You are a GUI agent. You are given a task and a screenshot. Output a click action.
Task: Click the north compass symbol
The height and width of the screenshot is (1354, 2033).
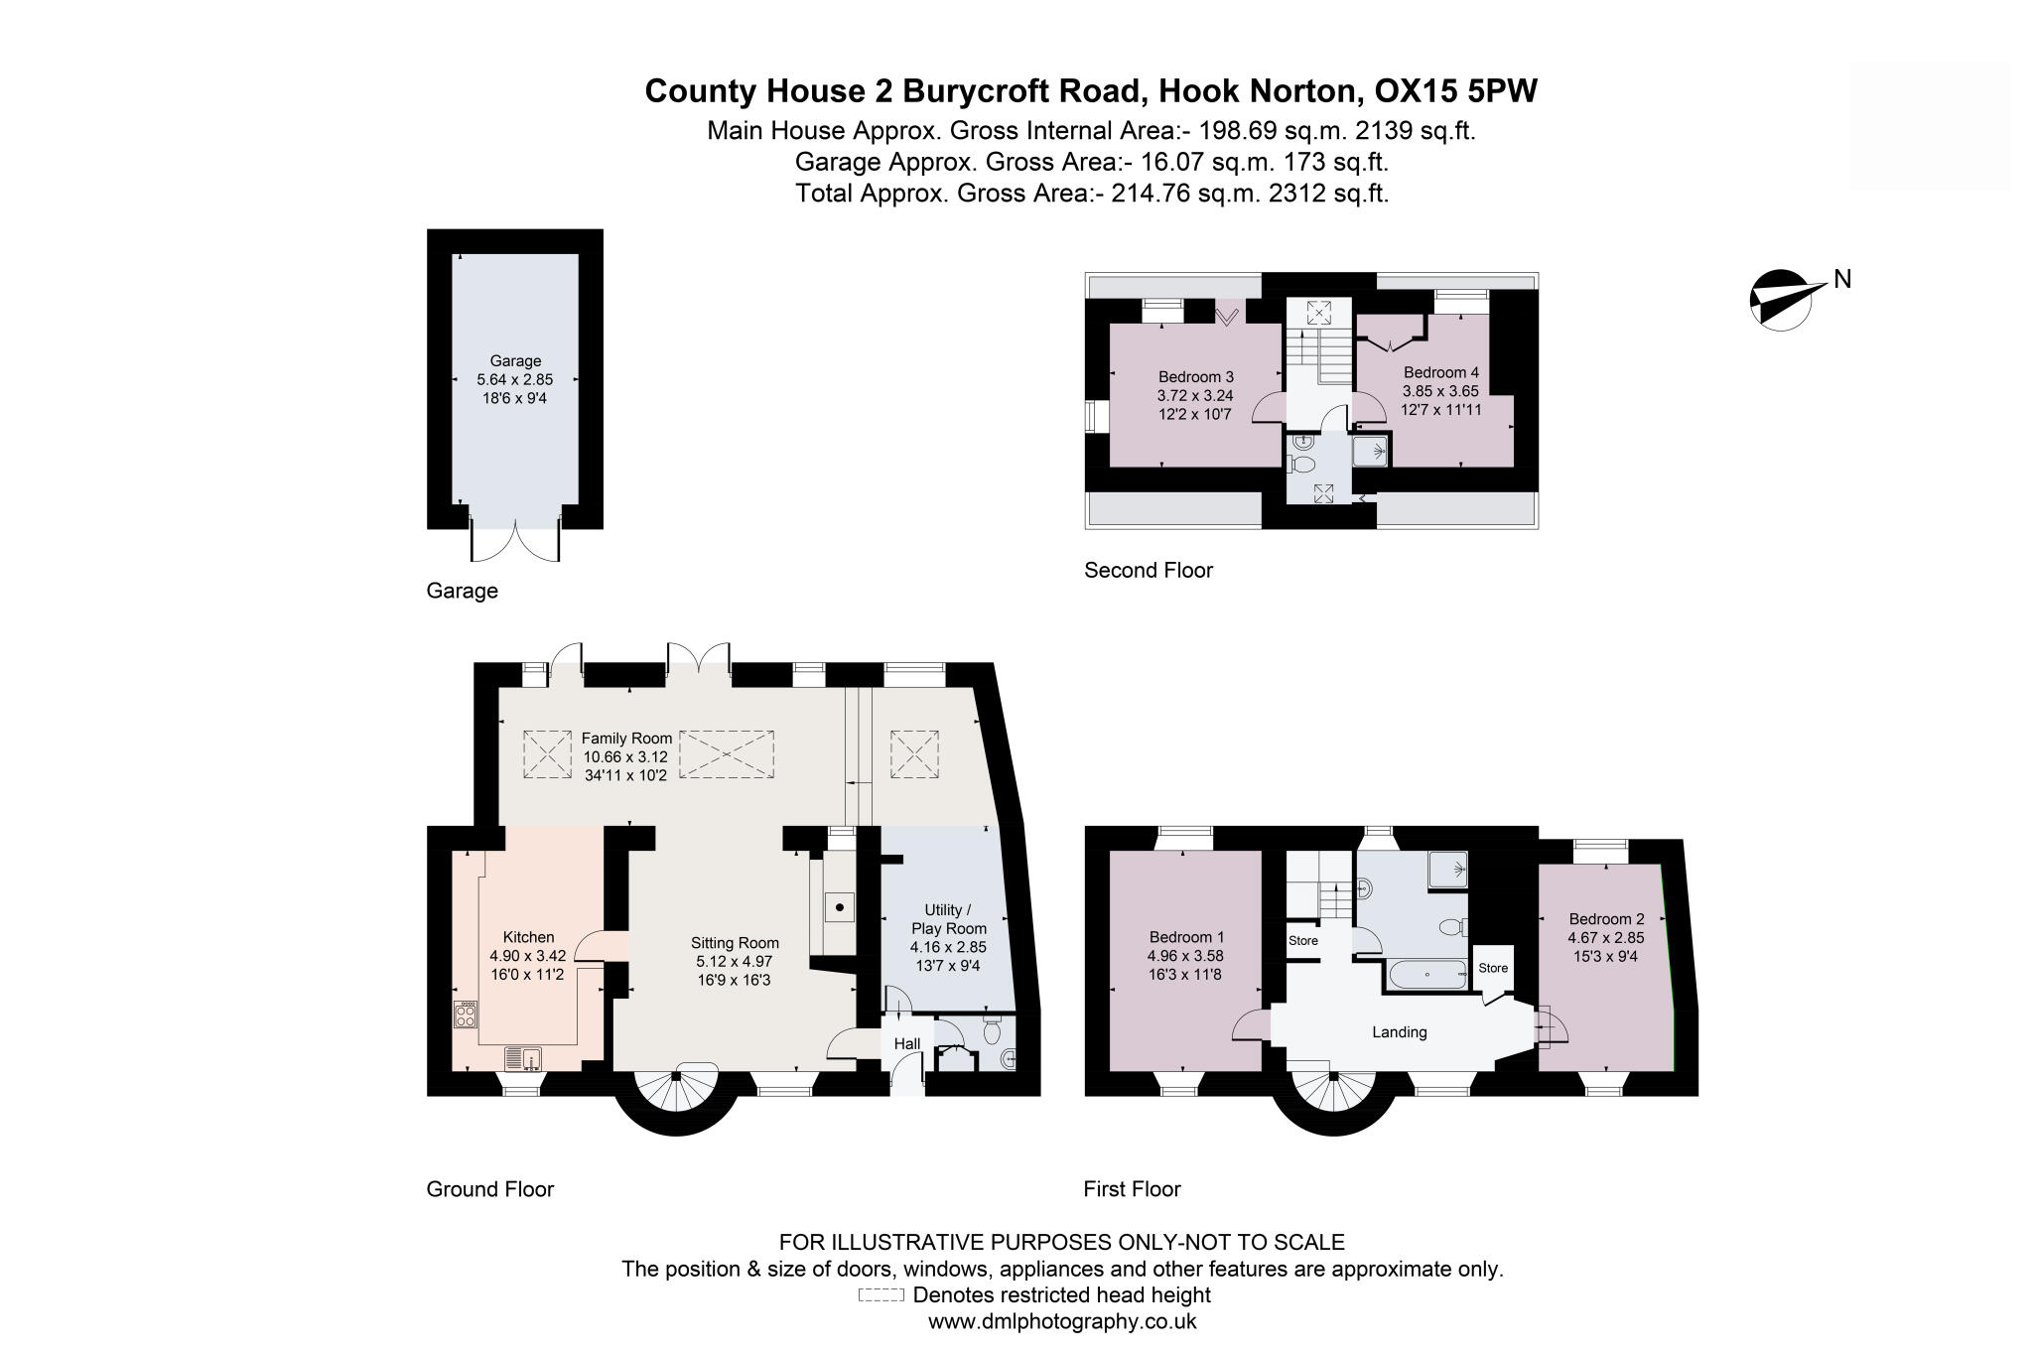1782,298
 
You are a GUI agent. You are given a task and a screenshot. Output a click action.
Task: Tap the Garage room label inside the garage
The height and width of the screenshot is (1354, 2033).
515,361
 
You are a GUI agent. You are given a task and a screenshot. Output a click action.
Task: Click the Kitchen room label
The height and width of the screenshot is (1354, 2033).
528,937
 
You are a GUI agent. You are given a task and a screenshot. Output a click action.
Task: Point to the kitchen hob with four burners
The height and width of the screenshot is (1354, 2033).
466,1015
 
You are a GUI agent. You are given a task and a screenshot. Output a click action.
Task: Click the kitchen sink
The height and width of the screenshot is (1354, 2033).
523,1059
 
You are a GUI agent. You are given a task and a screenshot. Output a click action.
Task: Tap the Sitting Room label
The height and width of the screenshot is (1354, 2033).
735,943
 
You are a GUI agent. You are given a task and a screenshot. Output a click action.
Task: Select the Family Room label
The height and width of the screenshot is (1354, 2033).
626,739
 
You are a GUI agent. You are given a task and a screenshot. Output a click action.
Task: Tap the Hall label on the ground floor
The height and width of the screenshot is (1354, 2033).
907,1043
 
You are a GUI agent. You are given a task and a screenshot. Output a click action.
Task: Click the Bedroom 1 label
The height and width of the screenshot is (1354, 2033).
1186,937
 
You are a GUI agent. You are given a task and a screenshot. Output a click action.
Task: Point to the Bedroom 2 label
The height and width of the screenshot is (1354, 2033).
1606,919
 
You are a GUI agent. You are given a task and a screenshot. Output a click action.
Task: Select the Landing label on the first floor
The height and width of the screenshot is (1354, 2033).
1399,1032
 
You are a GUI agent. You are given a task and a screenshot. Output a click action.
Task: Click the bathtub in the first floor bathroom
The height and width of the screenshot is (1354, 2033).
1427,975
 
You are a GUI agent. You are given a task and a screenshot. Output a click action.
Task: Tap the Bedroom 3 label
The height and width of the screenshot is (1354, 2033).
1195,377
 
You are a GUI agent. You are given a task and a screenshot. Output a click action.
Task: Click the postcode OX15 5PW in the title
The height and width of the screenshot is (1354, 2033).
1455,91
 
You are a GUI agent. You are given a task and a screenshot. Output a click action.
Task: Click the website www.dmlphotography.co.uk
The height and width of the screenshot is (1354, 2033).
1061,1322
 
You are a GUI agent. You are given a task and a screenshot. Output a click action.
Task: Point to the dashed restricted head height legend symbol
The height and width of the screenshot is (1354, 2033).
881,1295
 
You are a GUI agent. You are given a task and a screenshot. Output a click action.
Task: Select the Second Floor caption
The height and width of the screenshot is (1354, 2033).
1148,571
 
